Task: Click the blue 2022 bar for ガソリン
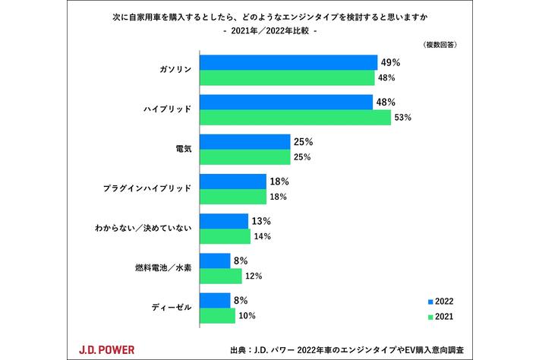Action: coord(288,62)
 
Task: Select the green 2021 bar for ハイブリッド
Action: coord(295,118)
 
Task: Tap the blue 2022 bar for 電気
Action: coord(244,142)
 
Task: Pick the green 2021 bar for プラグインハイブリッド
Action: coord(232,197)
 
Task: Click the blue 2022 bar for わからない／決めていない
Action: coord(223,221)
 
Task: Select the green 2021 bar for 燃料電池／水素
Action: coord(220,276)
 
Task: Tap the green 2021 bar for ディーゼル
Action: coord(217,315)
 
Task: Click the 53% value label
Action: coord(403,117)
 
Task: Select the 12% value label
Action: coord(253,276)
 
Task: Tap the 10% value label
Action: coord(247,315)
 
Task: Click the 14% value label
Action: coord(262,236)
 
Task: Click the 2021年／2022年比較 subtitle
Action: coord(269,31)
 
